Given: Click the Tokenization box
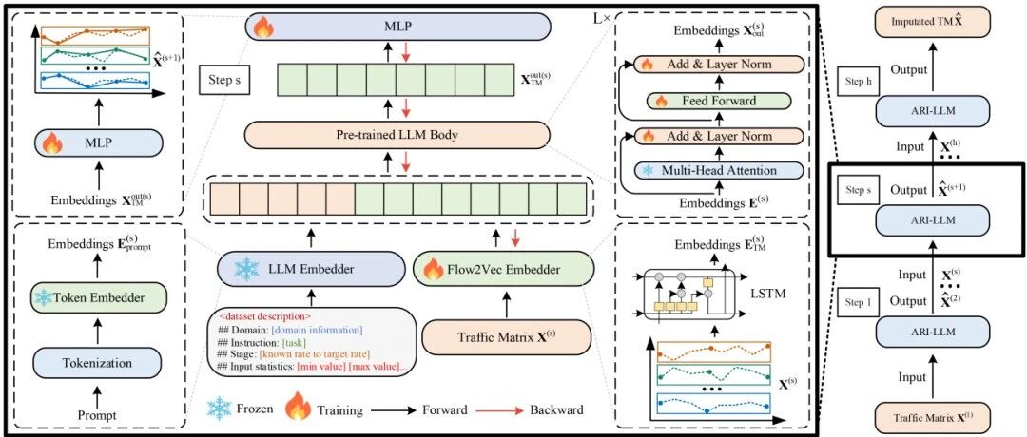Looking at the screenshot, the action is tap(97, 362).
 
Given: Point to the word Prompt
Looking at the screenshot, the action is tap(97, 415).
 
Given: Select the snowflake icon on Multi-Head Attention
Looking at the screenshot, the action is tap(648, 171).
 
